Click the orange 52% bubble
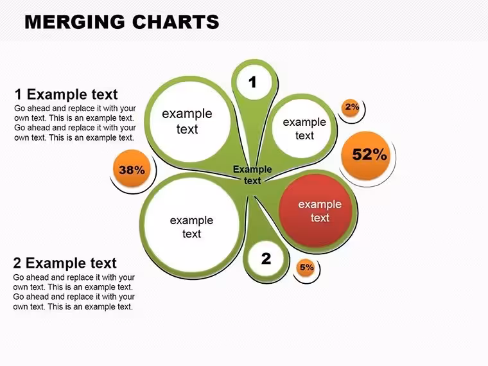(x=366, y=155)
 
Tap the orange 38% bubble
(x=132, y=169)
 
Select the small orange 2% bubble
(x=351, y=108)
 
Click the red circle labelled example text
(x=315, y=211)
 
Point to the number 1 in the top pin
(x=252, y=82)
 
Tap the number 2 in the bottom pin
(x=266, y=259)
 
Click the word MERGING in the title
(x=74, y=22)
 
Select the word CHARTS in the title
(x=176, y=22)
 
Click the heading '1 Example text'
(x=66, y=94)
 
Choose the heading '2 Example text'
(x=65, y=263)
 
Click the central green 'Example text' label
(x=252, y=175)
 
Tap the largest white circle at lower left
(x=191, y=225)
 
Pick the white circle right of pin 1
(x=302, y=128)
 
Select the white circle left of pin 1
(x=190, y=122)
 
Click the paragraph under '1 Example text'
(x=75, y=123)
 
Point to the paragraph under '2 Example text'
(x=74, y=292)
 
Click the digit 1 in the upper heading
(x=19, y=94)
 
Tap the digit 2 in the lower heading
(x=17, y=263)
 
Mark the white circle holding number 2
(x=266, y=258)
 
